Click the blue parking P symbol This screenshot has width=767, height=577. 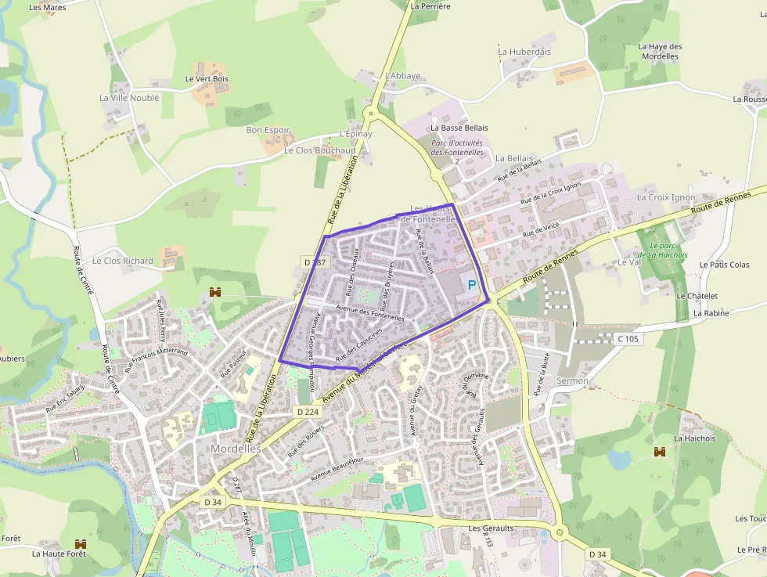472,285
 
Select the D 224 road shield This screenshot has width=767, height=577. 308,411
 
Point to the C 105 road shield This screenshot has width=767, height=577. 628,339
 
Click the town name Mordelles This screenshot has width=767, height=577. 236,449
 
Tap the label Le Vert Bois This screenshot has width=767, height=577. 207,79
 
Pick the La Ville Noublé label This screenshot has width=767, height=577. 129,98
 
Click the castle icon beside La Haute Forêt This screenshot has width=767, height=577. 79,543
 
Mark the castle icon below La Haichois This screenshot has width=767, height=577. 661,452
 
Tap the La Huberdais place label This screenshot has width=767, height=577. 524,52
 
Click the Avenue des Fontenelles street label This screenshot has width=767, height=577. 369,313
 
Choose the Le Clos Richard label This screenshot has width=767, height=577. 123,260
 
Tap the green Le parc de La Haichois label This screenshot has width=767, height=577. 662,250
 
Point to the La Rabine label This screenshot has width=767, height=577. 711,313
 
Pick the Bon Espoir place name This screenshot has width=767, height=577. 268,130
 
